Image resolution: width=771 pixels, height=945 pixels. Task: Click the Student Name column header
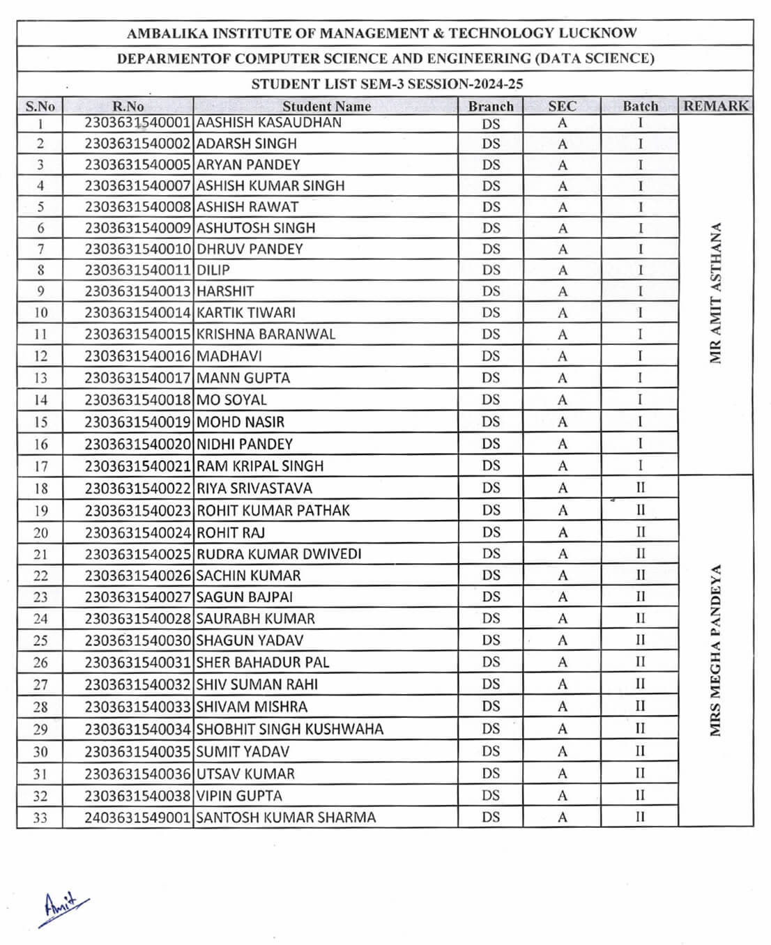(326, 106)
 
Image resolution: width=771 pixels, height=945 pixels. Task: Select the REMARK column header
(715, 106)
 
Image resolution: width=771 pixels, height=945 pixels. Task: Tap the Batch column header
(640, 106)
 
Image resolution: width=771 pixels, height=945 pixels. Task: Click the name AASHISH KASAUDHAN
(269, 123)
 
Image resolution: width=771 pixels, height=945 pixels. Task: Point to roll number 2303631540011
(137, 270)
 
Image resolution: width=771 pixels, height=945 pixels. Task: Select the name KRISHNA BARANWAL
(266, 334)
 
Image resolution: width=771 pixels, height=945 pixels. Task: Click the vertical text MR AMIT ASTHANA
(715, 293)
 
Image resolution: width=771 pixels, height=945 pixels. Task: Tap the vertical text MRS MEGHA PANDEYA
(715, 650)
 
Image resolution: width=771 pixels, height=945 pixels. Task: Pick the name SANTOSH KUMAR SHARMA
(286, 817)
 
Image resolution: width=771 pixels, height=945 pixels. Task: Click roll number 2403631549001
(137, 817)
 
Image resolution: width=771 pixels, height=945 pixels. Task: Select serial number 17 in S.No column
(40, 466)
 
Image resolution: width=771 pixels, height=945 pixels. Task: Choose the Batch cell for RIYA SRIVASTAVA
(640, 488)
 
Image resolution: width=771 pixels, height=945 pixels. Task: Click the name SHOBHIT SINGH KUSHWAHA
(290, 729)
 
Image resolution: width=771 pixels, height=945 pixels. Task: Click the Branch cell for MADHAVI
(491, 356)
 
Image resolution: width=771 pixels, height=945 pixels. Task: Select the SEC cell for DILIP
(562, 270)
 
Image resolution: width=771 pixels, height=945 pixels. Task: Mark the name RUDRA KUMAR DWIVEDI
(279, 554)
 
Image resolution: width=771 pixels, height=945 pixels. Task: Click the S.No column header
(40, 106)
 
